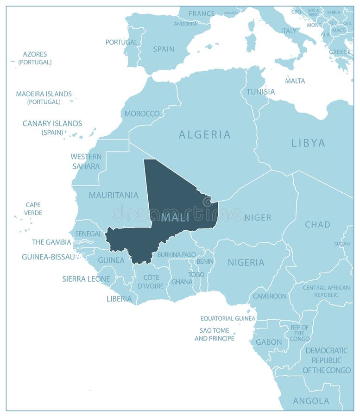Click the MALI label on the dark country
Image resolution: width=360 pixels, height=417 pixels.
(x=175, y=217)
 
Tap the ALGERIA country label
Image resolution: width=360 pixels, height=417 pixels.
(x=204, y=135)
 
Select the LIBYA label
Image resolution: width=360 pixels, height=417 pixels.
(x=308, y=143)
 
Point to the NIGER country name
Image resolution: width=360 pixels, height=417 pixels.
(x=258, y=217)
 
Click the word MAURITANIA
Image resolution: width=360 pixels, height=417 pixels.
(x=114, y=195)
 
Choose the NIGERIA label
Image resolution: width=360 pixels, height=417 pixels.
(x=246, y=263)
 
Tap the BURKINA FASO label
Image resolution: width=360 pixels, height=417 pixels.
(x=176, y=254)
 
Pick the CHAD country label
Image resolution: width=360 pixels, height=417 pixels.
(x=317, y=225)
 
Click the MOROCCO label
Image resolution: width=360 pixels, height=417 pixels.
(x=142, y=114)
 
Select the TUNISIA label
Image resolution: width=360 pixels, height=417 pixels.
(x=260, y=92)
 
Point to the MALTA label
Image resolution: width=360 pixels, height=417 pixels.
(x=295, y=81)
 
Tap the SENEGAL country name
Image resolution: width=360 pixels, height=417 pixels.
(x=88, y=234)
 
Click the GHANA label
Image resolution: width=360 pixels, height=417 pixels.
(x=182, y=281)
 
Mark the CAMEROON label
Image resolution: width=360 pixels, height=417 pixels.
(x=270, y=296)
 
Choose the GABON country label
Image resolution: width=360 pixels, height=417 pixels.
(x=269, y=342)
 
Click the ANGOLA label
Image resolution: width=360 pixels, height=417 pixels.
(x=311, y=401)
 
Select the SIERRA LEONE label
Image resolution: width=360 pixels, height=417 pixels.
(x=86, y=279)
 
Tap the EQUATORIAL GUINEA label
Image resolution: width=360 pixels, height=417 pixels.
(x=227, y=318)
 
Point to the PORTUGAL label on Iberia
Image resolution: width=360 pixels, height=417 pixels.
(x=121, y=42)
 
